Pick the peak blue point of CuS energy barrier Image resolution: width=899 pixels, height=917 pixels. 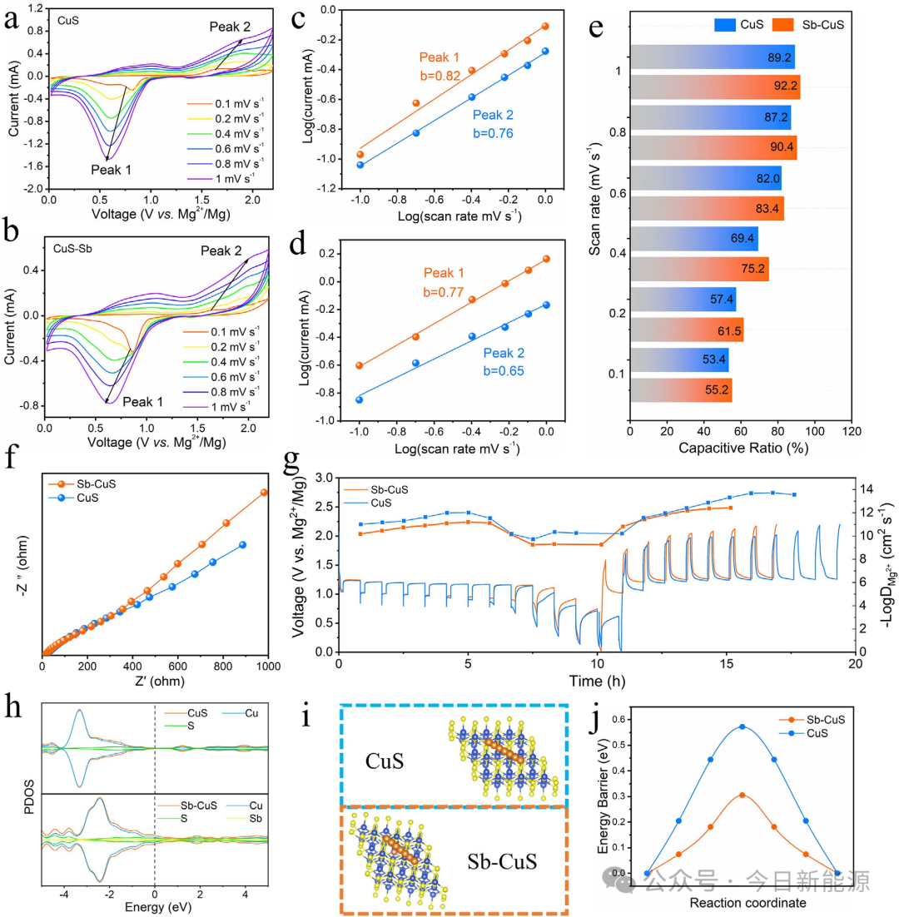pos(742,726)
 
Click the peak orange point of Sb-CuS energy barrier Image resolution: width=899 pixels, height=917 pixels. pos(742,795)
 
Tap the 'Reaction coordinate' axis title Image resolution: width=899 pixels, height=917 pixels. pos(742,902)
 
